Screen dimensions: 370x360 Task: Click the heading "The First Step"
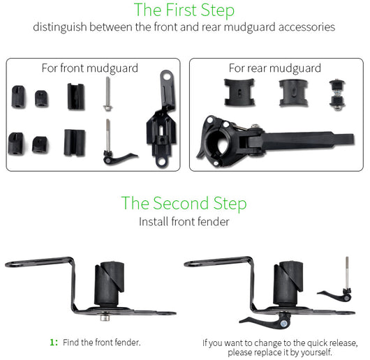184,10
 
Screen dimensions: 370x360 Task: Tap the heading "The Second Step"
184,203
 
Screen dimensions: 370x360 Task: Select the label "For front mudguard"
90,68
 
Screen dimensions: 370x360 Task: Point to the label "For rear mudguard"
275,68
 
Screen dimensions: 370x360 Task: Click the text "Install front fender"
184,222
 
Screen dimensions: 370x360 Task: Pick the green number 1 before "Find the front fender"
52,342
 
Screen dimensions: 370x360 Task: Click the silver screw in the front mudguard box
108,93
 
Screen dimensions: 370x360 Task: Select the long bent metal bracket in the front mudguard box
162,120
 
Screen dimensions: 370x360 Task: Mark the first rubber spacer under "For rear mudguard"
239,92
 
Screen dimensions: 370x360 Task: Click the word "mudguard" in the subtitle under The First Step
250,27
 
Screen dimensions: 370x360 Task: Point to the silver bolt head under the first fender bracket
105,317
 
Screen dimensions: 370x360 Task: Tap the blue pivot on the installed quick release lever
284,324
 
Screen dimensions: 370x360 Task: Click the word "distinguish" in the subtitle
60,27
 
